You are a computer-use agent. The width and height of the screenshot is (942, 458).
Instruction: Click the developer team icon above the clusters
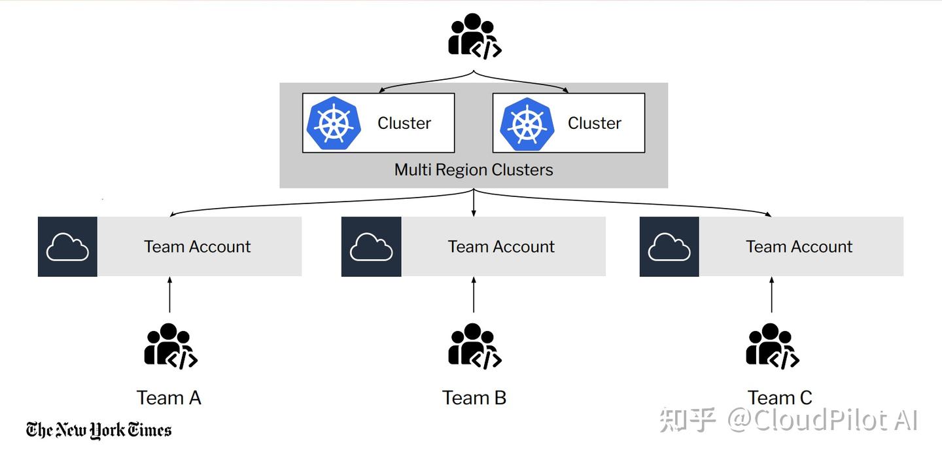474,37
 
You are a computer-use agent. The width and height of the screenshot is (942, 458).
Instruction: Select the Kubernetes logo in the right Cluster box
527,123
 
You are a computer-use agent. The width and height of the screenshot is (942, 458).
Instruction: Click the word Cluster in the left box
404,123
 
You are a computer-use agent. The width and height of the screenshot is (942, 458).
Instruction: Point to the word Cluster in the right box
594,123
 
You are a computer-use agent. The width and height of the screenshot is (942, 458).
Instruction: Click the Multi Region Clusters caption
474,170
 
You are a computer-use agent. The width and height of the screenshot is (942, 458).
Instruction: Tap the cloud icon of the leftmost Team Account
67,247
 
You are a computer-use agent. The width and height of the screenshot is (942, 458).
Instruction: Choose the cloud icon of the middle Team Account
371,247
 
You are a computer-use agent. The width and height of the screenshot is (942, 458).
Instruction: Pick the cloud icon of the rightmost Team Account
669,247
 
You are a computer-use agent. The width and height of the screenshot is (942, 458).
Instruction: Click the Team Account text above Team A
197,247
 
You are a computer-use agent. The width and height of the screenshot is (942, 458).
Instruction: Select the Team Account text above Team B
501,247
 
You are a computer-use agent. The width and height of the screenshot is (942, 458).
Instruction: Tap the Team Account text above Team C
799,247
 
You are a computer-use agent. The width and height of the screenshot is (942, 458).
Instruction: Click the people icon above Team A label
170,346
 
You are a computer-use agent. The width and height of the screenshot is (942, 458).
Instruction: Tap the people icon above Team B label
474,346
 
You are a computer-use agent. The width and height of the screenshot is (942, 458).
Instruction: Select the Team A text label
169,398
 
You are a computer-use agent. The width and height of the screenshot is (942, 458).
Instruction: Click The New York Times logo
99,430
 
